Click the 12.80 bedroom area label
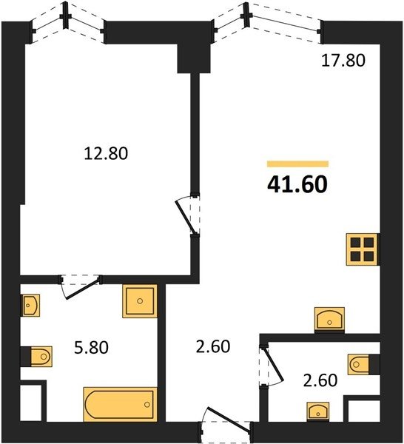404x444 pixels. pyautogui.click(x=106, y=153)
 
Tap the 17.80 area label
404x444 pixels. pyautogui.click(x=343, y=61)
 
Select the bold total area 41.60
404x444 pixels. pyautogui.click(x=297, y=184)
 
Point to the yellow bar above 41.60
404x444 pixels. pyautogui.click(x=298, y=164)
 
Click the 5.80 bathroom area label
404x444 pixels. pyautogui.click(x=91, y=348)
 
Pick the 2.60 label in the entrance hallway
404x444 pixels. pyautogui.click(x=213, y=346)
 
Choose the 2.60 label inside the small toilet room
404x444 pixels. pyautogui.click(x=320, y=380)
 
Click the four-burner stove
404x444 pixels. pyautogui.click(x=362, y=249)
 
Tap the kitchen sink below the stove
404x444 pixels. pyautogui.click(x=329, y=320)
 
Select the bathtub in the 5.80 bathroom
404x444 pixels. pyautogui.click(x=120, y=404)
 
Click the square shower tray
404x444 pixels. pyautogui.click(x=140, y=301)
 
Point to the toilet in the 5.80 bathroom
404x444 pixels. pyautogui.click(x=41, y=357)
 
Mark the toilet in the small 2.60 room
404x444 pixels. pyautogui.click(x=358, y=365)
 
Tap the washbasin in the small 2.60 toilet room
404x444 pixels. pyautogui.click(x=318, y=411)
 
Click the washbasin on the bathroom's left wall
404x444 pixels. pyautogui.click(x=30, y=305)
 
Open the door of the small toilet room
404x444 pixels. pyautogui.click(x=272, y=366)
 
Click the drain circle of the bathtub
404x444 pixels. pyautogui.click(x=147, y=404)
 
